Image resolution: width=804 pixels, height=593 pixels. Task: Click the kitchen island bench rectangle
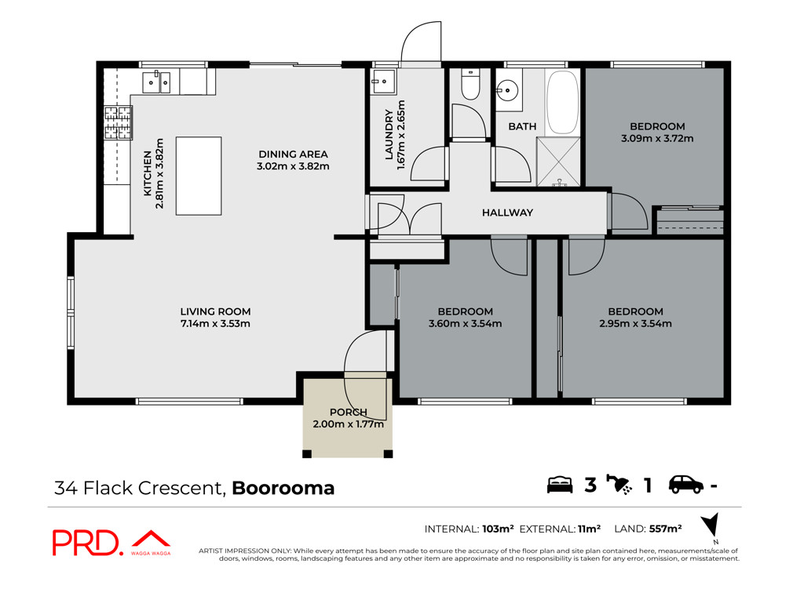click(199, 176)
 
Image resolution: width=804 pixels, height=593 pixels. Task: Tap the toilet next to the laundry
click(470, 85)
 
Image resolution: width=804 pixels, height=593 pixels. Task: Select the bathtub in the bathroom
click(562, 103)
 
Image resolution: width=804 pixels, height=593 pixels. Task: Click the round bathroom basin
click(507, 91)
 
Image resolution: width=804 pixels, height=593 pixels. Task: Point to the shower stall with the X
click(558, 162)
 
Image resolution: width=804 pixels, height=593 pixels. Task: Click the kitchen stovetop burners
click(119, 123)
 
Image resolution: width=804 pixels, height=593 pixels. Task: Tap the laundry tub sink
click(383, 82)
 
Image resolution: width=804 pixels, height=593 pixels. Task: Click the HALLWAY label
click(507, 213)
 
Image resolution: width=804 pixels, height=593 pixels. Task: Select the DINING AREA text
click(293, 155)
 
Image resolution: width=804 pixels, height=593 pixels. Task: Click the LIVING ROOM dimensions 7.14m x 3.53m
click(215, 324)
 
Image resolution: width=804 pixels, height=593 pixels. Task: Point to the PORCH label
click(348, 413)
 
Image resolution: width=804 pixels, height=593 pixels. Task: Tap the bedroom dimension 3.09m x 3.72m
click(657, 138)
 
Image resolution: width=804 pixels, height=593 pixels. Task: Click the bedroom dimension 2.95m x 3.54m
click(635, 324)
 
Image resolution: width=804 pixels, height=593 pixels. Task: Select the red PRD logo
click(111, 542)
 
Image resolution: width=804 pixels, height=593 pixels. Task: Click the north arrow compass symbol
click(711, 525)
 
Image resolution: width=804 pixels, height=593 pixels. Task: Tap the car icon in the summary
click(685, 485)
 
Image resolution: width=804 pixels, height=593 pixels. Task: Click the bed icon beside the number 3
click(559, 485)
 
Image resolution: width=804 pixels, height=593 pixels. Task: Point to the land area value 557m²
click(665, 529)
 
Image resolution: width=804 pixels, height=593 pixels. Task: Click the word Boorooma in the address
click(283, 488)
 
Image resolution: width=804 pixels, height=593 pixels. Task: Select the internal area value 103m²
click(498, 529)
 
